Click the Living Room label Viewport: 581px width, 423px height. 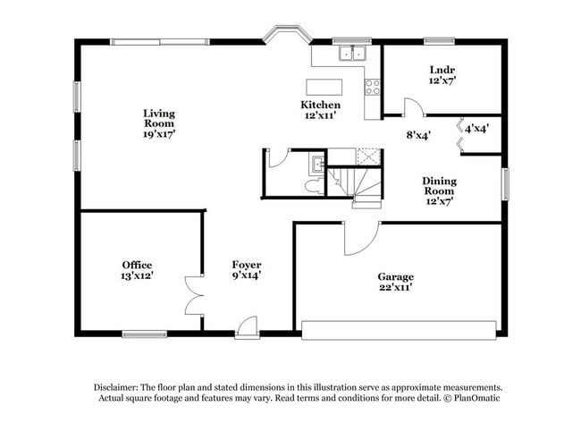(x=159, y=123)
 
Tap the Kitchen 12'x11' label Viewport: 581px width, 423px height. (x=320, y=110)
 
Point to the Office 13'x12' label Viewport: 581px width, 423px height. (x=137, y=271)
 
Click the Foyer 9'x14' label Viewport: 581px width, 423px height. (x=247, y=271)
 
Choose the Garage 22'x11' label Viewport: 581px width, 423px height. (x=395, y=283)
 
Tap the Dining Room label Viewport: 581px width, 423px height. (x=439, y=190)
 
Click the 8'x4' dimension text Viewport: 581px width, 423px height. (x=418, y=136)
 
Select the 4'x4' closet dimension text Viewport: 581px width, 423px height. (x=476, y=129)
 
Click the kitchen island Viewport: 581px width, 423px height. (x=324, y=87)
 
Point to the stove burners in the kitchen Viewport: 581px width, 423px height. (x=373, y=87)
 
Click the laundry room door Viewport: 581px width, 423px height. (x=413, y=107)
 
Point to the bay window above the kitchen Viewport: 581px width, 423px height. (x=287, y=35)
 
